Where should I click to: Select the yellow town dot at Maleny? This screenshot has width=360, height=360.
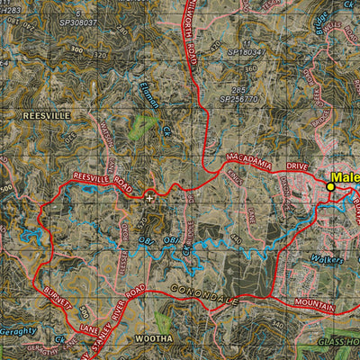coord(330,187)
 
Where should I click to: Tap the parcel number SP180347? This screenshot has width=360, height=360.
coord(246,52)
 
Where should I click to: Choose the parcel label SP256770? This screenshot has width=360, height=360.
coord(238,99)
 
